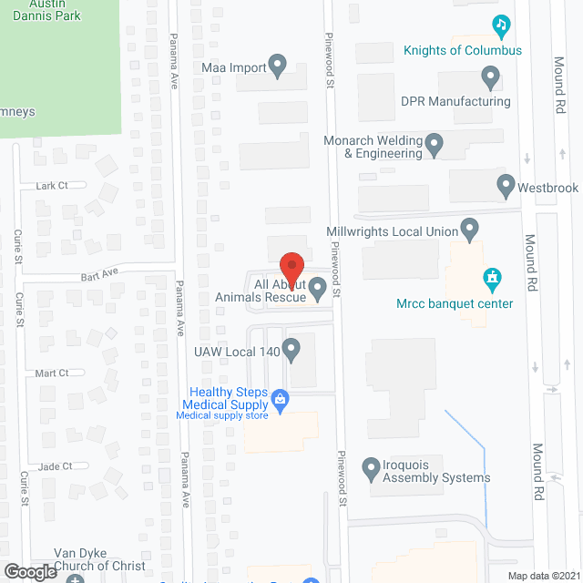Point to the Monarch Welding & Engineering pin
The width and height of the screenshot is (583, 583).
[435, 143]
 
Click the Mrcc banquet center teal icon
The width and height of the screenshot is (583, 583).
[493, 276]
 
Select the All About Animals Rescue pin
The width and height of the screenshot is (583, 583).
[318, 289]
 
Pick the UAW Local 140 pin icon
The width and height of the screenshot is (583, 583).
[291, 348]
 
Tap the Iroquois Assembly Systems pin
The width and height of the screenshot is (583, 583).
[371, 469]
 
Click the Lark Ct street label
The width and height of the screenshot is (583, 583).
[52, 186]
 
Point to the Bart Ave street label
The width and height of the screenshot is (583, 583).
[99, 272]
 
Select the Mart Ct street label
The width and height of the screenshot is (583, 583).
[52, 373]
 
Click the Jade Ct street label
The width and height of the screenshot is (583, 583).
[56, 466]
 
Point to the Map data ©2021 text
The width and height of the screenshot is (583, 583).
[542, 575]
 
